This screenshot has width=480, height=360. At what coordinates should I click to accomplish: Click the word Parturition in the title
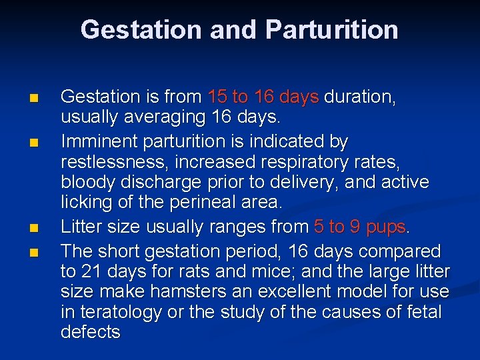[x=331, y=30]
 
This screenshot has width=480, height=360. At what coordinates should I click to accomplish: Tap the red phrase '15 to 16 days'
[x=263, y=97]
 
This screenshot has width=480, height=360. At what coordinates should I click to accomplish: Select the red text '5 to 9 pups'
[x=360, y=227]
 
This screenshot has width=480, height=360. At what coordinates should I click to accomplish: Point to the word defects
[x=91, y=332]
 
